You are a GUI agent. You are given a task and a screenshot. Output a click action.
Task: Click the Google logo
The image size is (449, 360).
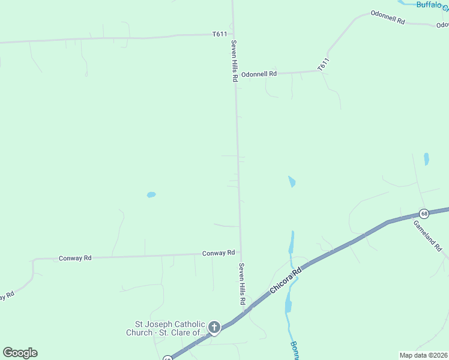[x=20, y=353]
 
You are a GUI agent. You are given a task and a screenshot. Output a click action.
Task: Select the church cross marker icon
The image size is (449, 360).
[x=214, y=327]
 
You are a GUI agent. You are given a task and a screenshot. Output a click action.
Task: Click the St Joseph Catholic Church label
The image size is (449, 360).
[x=165, y=328]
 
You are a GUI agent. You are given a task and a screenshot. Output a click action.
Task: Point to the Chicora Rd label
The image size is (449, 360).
[x=285, y=280]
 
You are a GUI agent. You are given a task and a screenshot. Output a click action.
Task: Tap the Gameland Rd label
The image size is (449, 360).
[x=428, y=235]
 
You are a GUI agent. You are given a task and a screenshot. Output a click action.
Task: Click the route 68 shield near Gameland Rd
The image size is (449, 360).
[x=424, y=214]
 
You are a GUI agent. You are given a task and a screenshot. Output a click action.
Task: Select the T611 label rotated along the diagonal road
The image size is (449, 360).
[x=324, y=64]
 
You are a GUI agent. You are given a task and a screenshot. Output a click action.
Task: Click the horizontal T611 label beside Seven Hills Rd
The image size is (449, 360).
[x=219, y=34]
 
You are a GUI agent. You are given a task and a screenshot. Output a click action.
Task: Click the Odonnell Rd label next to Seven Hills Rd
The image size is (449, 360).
[x=259, y=74]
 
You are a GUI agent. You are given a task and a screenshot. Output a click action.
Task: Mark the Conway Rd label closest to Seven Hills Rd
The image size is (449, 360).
[x=218, y=253]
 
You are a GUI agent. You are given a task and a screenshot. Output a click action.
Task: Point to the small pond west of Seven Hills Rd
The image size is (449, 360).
[x=151, y=194]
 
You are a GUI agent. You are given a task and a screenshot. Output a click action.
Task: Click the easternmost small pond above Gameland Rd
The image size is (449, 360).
[x=426, y=159]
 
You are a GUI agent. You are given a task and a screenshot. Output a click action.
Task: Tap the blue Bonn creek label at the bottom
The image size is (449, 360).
[x=294, y=350]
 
